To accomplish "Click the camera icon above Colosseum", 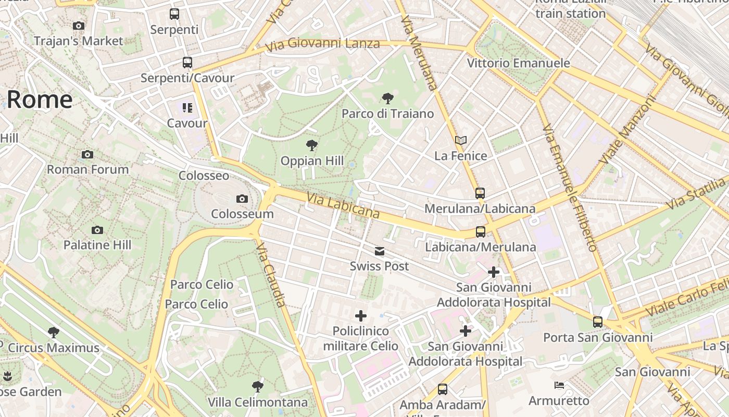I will [242, 199].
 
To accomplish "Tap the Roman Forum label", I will [87, 169].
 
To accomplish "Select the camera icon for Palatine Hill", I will [97, 230].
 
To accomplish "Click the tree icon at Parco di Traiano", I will [387, 98].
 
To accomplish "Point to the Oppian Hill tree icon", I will [312, 145].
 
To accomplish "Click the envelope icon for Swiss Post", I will [380, 251].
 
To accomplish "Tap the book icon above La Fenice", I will [461, 140].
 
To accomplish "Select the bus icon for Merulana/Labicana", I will [480, 193].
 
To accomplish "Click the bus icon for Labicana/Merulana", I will [480, 231].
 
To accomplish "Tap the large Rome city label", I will [40, 99].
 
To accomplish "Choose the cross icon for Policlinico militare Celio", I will [360, 316].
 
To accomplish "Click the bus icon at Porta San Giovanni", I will [598, 322].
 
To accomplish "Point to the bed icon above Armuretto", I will [559, 386].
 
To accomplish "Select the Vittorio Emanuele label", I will [518, 63].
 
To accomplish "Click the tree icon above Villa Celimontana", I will [257, 387].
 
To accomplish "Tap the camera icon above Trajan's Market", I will [79, 26].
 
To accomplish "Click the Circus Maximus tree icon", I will [53, 333].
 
